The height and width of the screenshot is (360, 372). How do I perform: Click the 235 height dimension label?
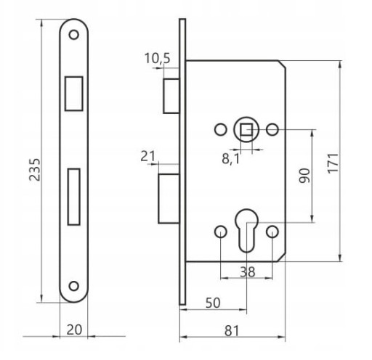35,170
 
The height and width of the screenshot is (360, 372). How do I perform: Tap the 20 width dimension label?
74,330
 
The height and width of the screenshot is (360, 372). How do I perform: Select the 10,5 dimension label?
158,59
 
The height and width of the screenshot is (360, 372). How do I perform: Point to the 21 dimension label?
147,156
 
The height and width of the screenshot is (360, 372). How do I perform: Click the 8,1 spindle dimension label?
230,159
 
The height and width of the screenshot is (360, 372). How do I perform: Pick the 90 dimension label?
304,176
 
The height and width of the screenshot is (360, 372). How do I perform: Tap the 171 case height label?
333,163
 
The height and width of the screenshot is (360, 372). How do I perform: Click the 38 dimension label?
248,271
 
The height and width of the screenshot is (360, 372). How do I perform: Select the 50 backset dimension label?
213,303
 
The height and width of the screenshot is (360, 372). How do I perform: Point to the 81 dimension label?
232,331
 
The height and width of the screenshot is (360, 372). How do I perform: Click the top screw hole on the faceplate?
74,35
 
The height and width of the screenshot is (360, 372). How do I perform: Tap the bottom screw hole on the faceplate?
74,286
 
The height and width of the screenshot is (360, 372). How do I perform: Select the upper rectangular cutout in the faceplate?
74,94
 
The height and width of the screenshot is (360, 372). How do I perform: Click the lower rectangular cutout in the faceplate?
74,197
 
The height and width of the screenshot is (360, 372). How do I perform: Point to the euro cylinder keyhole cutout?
246,230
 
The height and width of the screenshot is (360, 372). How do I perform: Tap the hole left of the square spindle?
221,129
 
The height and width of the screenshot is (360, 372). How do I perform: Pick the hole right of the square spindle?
272,129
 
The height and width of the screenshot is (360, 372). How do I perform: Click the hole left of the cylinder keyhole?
221,232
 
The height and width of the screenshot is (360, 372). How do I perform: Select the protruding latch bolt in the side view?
171,96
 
